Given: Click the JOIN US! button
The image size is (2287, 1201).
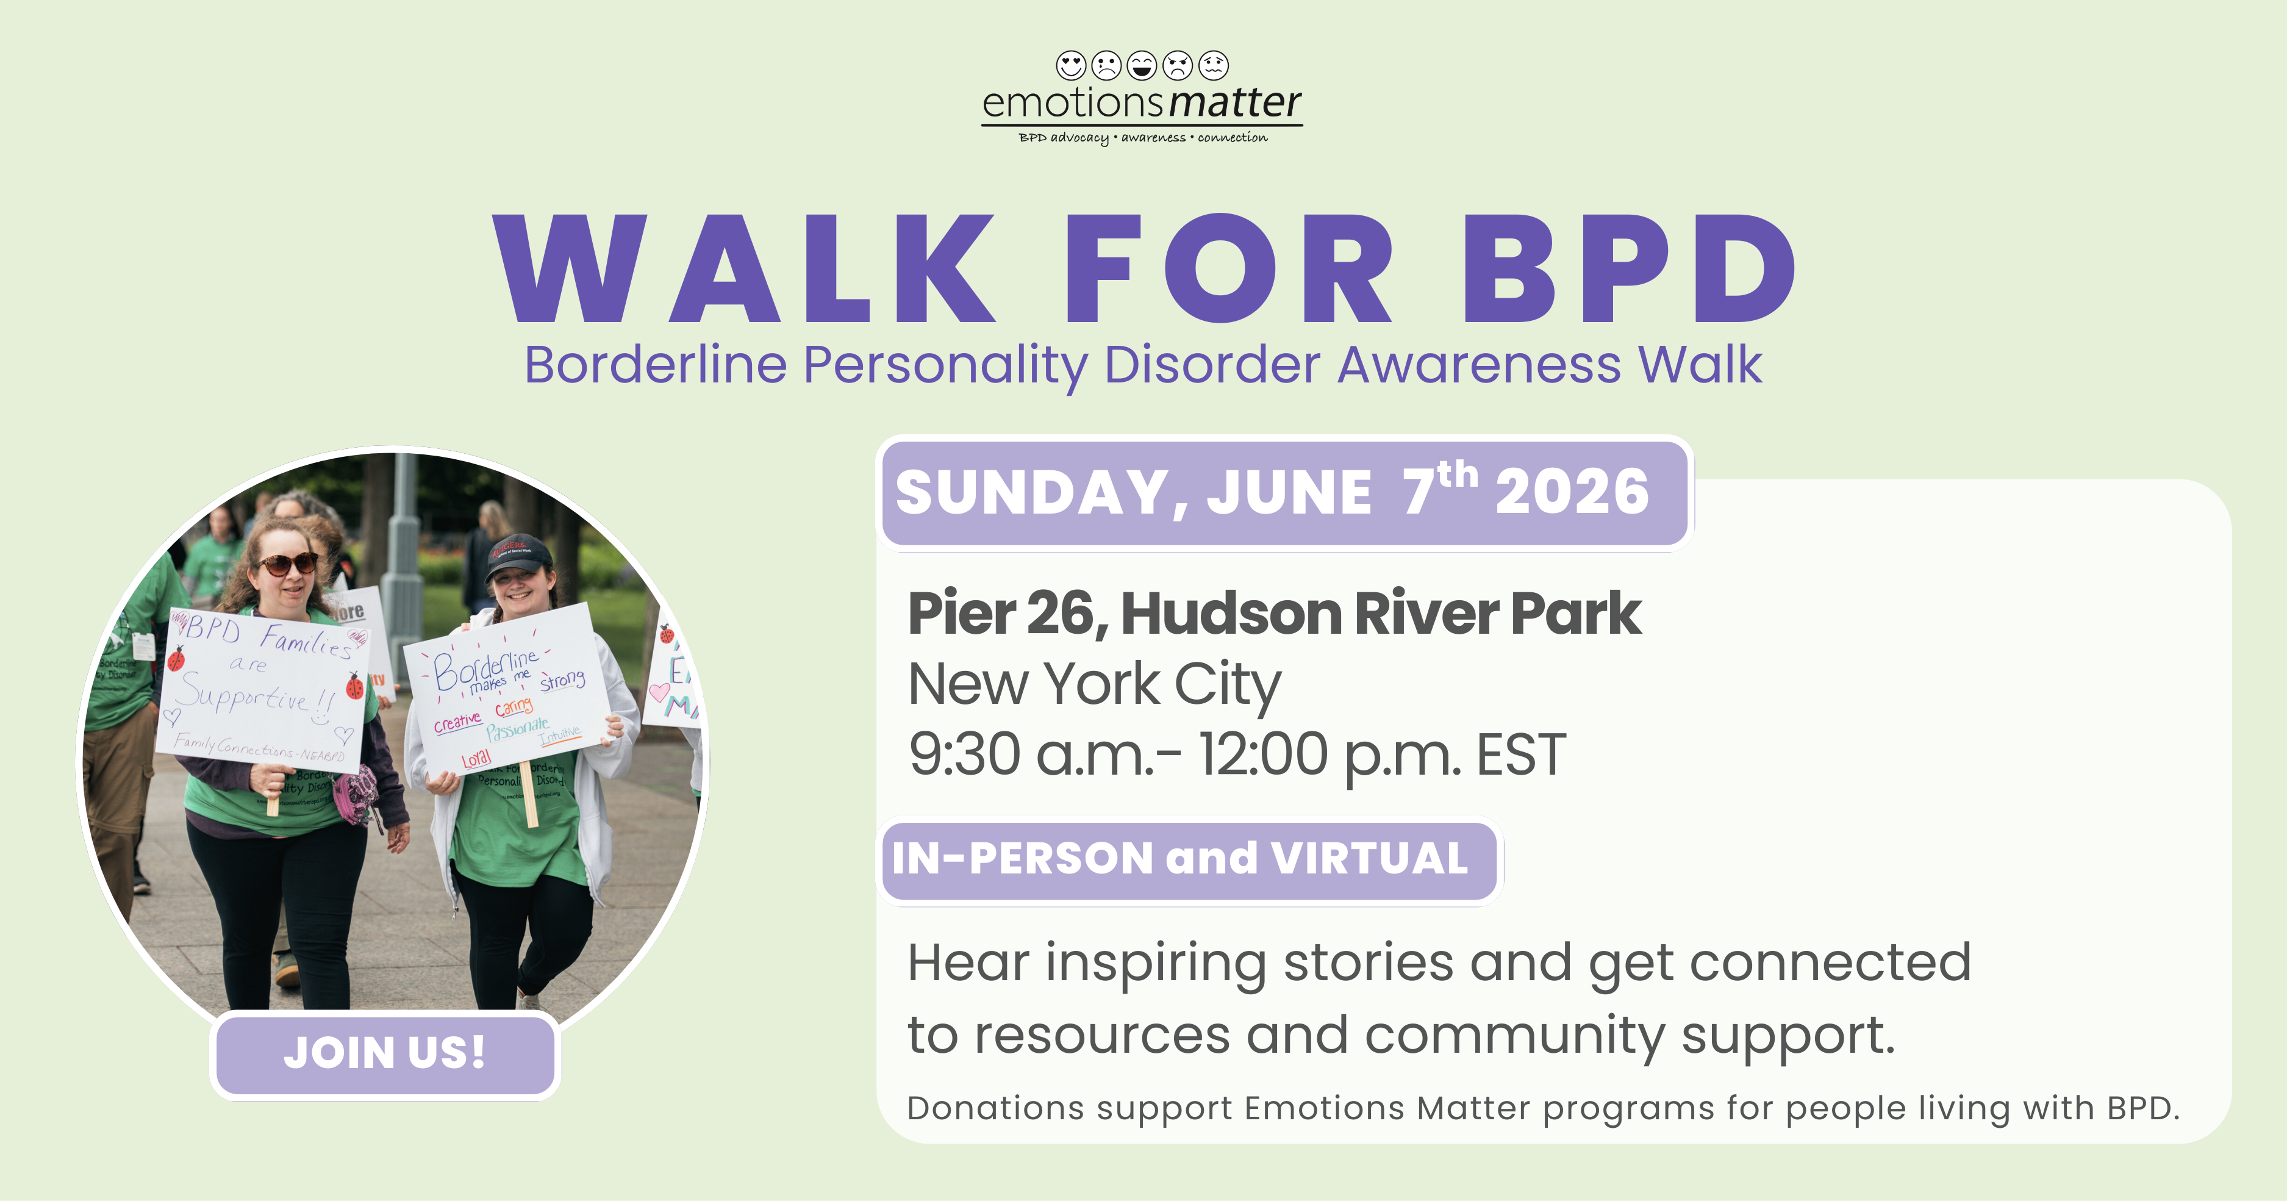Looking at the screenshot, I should [384, 1053].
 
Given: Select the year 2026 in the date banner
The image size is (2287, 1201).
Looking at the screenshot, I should [1572, 493].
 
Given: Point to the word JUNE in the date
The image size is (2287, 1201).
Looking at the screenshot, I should [1289, 493].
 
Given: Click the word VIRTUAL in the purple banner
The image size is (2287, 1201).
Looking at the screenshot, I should [1369, 858].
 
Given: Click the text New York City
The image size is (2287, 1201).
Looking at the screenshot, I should [1093, 684].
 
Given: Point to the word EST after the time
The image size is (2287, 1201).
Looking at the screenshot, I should [1521, 755].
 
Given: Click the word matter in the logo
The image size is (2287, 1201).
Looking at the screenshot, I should [1235, 103].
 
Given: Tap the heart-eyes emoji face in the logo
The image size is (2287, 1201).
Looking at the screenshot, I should [1071, 65].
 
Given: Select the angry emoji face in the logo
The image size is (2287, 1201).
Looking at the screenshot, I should [1177, 65].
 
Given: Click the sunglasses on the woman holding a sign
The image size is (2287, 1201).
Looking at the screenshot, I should [287, 564].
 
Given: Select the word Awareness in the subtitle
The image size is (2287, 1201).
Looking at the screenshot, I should [1478, 365].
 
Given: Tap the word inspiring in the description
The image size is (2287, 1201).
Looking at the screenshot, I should [1155, 963].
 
